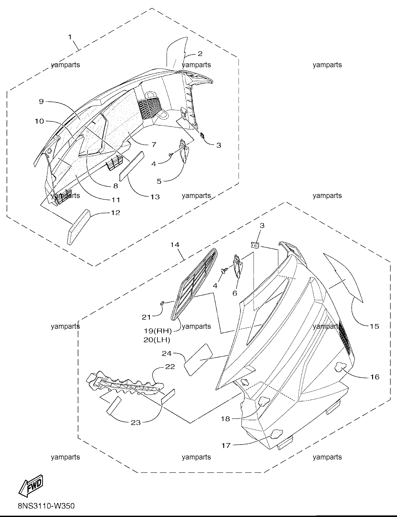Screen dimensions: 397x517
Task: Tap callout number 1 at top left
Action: pyautogui.click(x=70, y=37)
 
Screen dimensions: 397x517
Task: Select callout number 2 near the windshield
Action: pyautogui.click(x=200, y=54)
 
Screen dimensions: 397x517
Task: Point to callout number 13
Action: pyautogui.click(x=155, y=197)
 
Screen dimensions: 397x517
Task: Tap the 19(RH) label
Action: pyautogui.click(x=158, y=331)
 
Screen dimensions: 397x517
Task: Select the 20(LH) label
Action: pyautogui.click(x=157, y=340)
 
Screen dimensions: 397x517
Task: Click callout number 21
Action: pyautogui.click(x=146, y=317)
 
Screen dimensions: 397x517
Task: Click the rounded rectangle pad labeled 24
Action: pyautogui.click(x=198, y=360)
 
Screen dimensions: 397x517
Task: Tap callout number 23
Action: pyautogui.click(x=136, y=422)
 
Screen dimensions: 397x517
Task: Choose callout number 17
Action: pyautogui.click(x=226, y=445)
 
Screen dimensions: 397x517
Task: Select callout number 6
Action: pyautogui.click(x=235, y=293)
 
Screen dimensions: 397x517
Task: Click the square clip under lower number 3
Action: pyautogui.click(x=254, y=245)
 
